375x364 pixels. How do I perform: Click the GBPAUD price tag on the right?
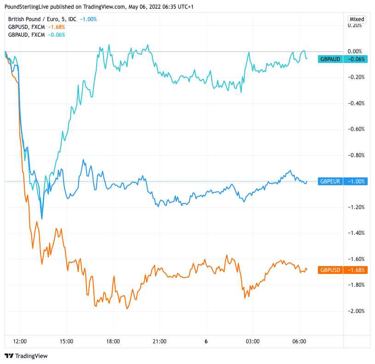coord(330,59)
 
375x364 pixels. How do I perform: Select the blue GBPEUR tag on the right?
coord(330,181)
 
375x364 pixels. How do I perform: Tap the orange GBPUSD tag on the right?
coord(330,270)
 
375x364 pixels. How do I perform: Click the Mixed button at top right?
coord(357,19)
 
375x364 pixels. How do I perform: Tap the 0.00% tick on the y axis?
coord(357,51)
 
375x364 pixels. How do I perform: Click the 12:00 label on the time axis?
coord(20,341)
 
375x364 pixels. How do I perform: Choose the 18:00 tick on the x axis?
coord(113,341)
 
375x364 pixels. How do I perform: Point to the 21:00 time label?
coord(160,341)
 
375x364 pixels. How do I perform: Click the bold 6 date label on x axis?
coord(206,341)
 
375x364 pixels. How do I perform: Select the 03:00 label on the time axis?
coord(253,341)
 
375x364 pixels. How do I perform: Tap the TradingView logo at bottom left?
coord(26,356)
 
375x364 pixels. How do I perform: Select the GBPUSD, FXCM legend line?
coord(27,27)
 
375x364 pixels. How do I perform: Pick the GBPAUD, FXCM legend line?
coord(27,34)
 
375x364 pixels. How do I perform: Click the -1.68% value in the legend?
coord(57,27)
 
